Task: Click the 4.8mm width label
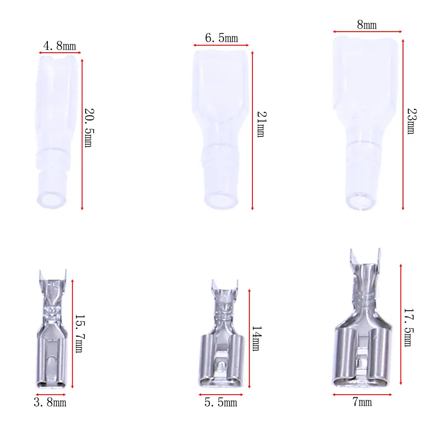click(x=59, y=46)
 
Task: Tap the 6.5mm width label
click(x=221, y=38)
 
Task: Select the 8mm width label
click(x=367, y=25)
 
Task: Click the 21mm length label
click(x=260, y=124)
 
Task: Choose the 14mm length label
click(x=256, y=338)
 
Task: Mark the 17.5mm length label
click(x=408, y=327)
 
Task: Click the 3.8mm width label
click(x=50, y=402)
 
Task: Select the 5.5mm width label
click(x=220, y=402)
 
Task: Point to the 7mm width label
click(x=362, y=402)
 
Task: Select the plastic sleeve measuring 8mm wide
click(x=367, y=123)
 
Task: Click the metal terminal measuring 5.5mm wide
click(x=222, y=342)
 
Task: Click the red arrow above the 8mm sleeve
click(x=367, y=32)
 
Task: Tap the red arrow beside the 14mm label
click(x=249, y=338)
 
